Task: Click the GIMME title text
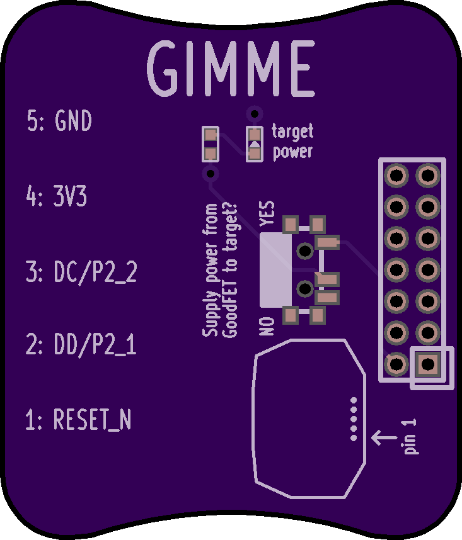[x=231, y=69]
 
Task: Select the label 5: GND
[x=59, y=121]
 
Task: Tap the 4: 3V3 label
[x=57, y=196]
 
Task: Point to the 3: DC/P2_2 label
[x=81, y=272]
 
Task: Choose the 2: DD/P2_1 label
[x=81, y=344]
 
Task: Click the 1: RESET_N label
[x=78, y=419]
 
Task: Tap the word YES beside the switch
[x=267, y=213]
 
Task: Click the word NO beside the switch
[x=267, y=327]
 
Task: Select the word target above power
[x=292, y=132]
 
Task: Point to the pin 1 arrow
[x=384, y=437]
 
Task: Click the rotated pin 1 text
[x=410, y=437]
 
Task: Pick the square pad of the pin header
[x=428, y=364]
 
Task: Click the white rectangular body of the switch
[x=275, y=269]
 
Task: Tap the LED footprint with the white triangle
[x=255, y=144]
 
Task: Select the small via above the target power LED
[x=255, y=113]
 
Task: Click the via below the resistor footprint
[x=211, y=173]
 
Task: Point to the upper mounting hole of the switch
[x=305, y=250]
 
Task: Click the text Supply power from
[x=211, y=269]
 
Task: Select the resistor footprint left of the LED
[x=211, y=144]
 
